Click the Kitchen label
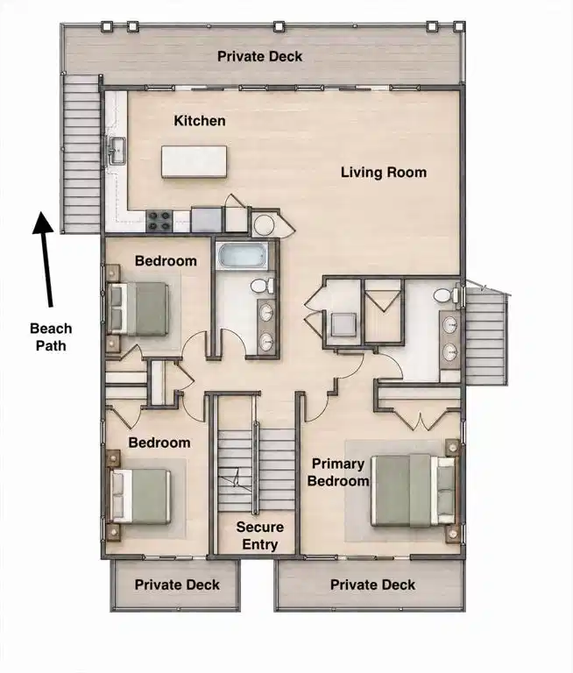click(200, 121)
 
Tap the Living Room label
click(384, 173)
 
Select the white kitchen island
click(194, 161)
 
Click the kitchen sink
click(117, 151)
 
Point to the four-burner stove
click(159, 221)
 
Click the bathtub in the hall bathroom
click(243, 256)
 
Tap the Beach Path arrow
click(45, 259)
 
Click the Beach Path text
click(51, 336)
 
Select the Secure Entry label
click(259, 535)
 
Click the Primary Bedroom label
click(338, 472)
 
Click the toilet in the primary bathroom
click(446, 295)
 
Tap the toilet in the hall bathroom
click(262, 286)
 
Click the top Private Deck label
click(259, 56)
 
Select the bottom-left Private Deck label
click(177, 584)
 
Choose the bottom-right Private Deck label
click(372, 584)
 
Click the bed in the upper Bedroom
click(138, 308)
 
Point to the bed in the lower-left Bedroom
click(140, 496)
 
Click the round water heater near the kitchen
click(264, 224)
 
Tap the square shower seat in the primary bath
click(343, 324)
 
